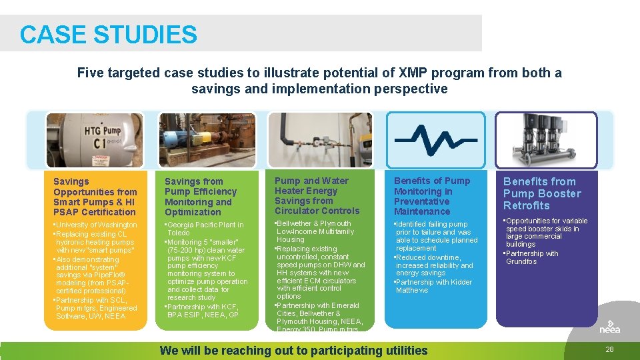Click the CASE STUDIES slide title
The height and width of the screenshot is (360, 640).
(x=109, y=35)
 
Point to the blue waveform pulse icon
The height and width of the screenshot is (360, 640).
(x=435, y=139)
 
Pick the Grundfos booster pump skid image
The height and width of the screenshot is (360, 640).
(x=546, y=139)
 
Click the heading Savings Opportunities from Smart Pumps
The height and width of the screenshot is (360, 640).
(x=95, y=197)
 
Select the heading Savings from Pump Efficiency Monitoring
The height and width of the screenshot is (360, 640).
(x=201, y=197)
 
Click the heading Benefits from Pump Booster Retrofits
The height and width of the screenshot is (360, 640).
(x=542, y=193)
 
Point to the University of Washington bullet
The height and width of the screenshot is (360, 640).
(x=97, y=225)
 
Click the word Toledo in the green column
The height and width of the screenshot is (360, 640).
(x=179, y=233)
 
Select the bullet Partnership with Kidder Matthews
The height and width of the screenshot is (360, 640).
(x=433, y=286)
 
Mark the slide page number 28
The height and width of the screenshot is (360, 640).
(x=609, y=349)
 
